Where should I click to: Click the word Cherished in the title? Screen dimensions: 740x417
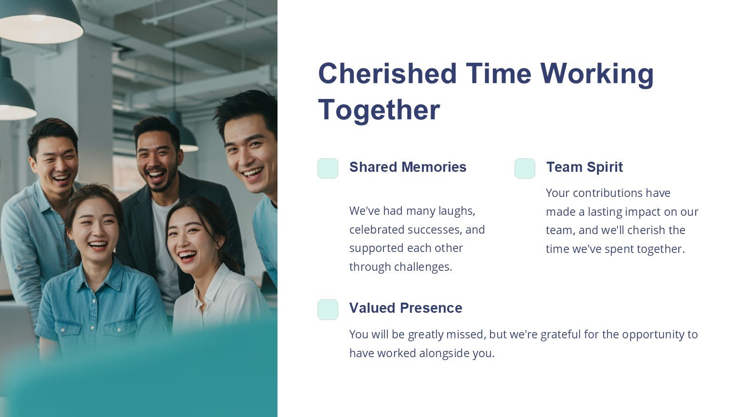(x=387, y=73)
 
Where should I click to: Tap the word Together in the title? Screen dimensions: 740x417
(x=379, y=110)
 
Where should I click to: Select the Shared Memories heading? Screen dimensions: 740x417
(x=408, y=167)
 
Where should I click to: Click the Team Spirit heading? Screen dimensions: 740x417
(x=584, y=167)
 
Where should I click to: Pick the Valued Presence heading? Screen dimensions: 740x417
(x=406, y=308)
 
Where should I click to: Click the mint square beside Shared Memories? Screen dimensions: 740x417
(x=328, y=168)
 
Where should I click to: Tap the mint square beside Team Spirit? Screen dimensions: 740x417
(x=525, y=168)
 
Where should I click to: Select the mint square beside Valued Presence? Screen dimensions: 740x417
(x=328, y=309)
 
